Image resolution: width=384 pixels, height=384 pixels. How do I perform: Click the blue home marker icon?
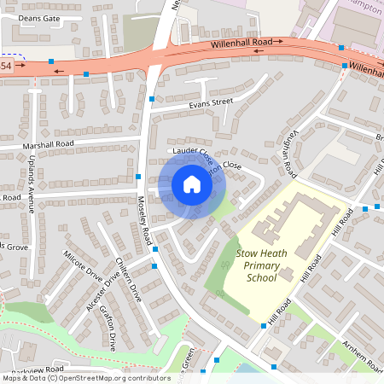pos(192,184)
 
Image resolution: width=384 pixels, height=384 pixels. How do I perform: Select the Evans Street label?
pos(210,103)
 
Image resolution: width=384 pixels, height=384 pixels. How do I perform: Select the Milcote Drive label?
pos(82,265)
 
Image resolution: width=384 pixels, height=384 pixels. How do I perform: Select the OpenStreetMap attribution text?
pos(85,378)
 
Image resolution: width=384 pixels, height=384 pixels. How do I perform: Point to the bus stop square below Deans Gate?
pos(51,61)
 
